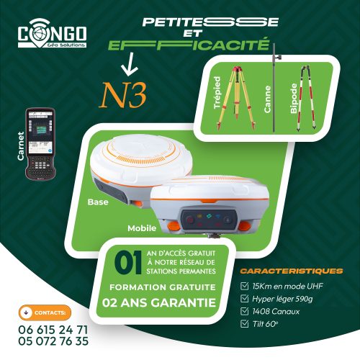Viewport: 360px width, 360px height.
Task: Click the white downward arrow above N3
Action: pyautogui.click(x=130, y=67)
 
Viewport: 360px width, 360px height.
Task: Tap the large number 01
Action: pyautogui.click(x=127, y=261)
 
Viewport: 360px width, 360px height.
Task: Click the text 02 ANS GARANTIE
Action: pyautogui.click(x=159, y=302)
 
